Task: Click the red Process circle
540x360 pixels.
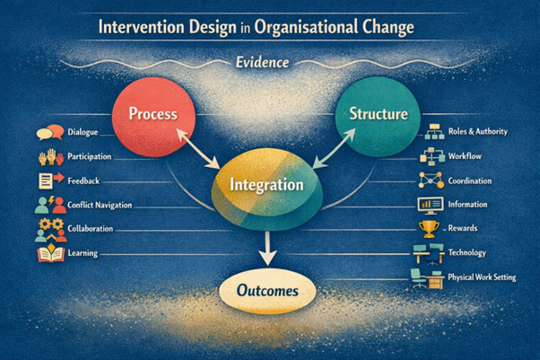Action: coord(153,117)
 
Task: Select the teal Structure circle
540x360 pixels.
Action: coord(378,117)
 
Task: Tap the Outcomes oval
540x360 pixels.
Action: coord(267,291)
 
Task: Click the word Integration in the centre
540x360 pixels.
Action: coord(266,185)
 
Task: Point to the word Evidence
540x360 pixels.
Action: coord(263,63)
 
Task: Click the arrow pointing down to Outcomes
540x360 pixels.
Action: coord(267,249)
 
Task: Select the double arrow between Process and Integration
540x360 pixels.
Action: coord(198,148)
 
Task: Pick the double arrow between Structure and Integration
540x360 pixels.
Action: coord(334,149)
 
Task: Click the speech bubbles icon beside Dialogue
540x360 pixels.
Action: coord(50,132)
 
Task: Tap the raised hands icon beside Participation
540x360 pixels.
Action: coord(51,157)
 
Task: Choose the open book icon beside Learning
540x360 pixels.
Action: coord(51,254)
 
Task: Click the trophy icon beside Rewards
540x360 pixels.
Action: coord(429,229)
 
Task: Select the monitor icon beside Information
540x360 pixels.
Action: coord(431,205)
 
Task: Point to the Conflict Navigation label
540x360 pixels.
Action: coord(100,206)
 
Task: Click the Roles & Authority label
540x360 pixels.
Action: coord(478,132)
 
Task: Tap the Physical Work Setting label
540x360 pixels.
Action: coord(482,277)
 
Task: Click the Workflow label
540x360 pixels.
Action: coord(465,156)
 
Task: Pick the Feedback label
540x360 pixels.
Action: coord(83,181)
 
